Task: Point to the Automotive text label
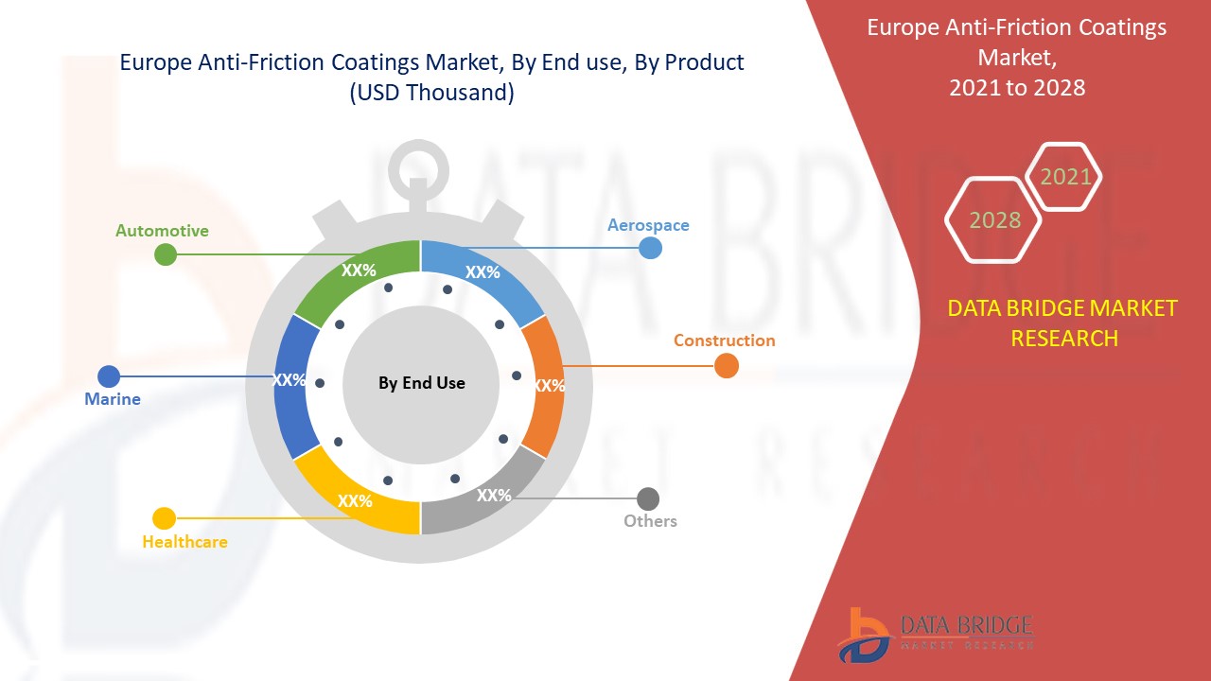pos(162,231)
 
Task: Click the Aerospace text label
pos(648,225)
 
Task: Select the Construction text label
pos(724,340)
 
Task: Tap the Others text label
pos(650,521)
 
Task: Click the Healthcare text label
pos(184,542)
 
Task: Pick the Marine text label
pos(113,399)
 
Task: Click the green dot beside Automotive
pos(166,254)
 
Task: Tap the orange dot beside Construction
pos(726,366)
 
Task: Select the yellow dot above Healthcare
pos(165,518)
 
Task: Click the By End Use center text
pos(421,383)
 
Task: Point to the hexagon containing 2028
pos(993,219)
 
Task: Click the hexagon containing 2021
pos(1064,177)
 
